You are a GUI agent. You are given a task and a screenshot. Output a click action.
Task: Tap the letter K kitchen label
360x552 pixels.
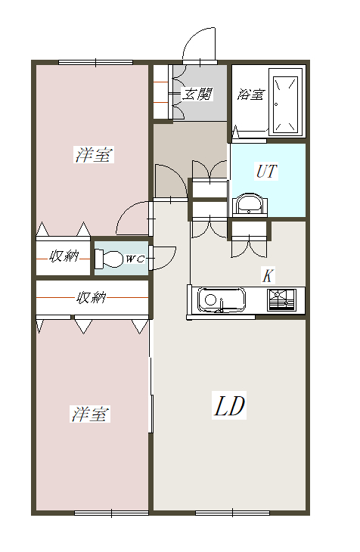click(266, 275)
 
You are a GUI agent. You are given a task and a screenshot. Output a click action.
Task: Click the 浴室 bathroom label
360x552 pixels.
click(250, 95)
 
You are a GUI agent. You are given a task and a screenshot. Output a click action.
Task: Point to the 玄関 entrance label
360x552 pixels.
click(197, 95)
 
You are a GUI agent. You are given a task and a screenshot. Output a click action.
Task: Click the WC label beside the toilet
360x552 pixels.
click(135, 259)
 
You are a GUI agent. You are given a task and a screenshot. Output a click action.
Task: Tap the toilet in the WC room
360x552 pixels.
click(109, 259)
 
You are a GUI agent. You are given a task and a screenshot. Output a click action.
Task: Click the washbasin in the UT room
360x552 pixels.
click(249, 204)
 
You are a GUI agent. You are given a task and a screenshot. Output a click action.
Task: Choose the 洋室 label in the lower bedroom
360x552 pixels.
click(91, 414)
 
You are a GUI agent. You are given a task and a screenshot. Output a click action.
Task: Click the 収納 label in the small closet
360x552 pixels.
click(64, 256)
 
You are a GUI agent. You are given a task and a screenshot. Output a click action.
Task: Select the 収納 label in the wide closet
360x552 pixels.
click(90, 298)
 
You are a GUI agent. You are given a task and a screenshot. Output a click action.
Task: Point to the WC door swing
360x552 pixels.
click(164, 258)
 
